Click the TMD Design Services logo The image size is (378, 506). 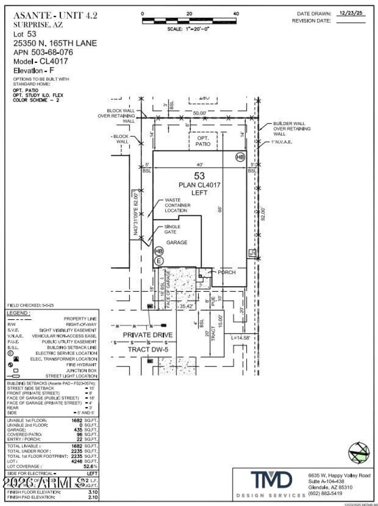click(x=271, y=480)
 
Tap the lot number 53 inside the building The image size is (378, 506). click(x=199, y=176)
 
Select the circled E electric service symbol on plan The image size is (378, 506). click(x=159, y=261)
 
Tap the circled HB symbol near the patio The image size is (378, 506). click(x=240, y=157)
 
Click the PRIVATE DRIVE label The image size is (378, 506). click(x=147, y=335)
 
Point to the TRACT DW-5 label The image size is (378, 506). click(x=147, y=349)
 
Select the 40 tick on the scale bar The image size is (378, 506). click(x=236, y=14)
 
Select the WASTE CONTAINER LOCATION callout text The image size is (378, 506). click(x=177, y=205)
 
